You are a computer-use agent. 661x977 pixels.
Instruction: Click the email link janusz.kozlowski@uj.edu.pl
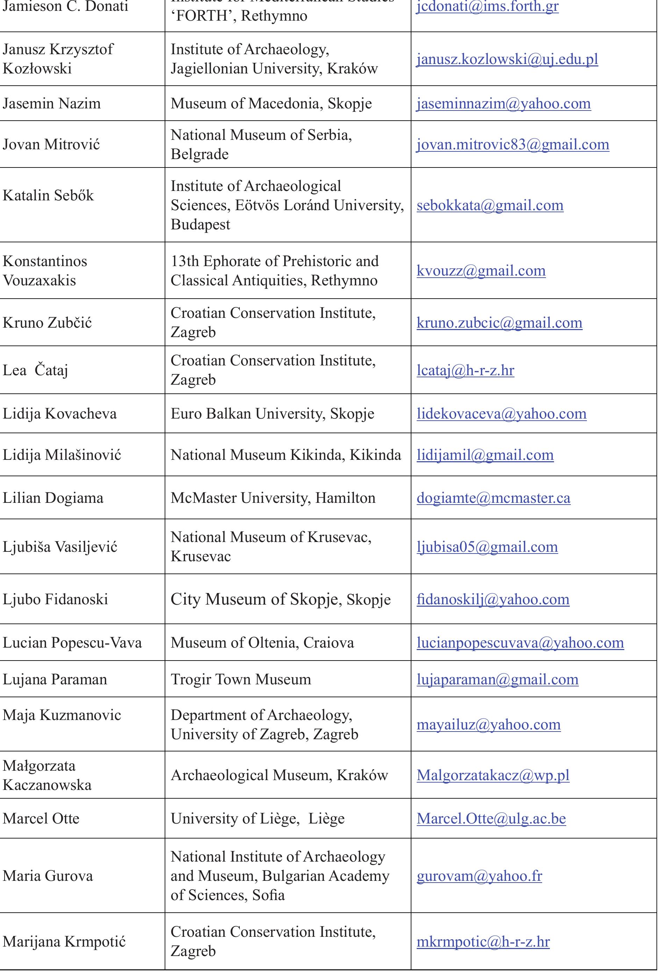[x=507, y=59]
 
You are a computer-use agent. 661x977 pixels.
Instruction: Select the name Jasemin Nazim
[x=52, y=104]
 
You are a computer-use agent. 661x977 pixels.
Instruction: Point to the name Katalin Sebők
[x=48, y=195]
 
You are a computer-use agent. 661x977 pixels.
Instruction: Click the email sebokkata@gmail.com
[x=490, y=205]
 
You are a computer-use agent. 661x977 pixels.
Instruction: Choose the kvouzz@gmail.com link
[x=481, y=271]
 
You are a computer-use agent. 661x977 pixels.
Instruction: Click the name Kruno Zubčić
[x=47, y=323]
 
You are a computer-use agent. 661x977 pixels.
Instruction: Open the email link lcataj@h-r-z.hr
[x=465, y=370]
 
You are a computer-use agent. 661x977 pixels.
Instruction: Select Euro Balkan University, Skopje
[x=272, y=414]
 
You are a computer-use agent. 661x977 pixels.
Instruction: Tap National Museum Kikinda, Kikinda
[x=285, y=455]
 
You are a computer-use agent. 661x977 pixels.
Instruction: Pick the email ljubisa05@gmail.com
[x=487, y=547]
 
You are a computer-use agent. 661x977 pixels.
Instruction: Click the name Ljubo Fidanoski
[x=55, y=599]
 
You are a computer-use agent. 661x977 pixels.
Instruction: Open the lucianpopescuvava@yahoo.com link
[x=520, y=643]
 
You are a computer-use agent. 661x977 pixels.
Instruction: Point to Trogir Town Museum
[x=241, y=679]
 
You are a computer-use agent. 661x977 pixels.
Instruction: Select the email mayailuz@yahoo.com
[x=488, y=724]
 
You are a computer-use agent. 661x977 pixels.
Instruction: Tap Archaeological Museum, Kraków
[x=279, y=775]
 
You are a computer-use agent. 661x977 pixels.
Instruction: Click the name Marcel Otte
[x=41, y=819]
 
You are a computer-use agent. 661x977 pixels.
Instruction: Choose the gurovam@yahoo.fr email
[x=479, y=876]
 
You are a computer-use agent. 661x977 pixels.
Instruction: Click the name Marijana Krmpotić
[x=64, y=942]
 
